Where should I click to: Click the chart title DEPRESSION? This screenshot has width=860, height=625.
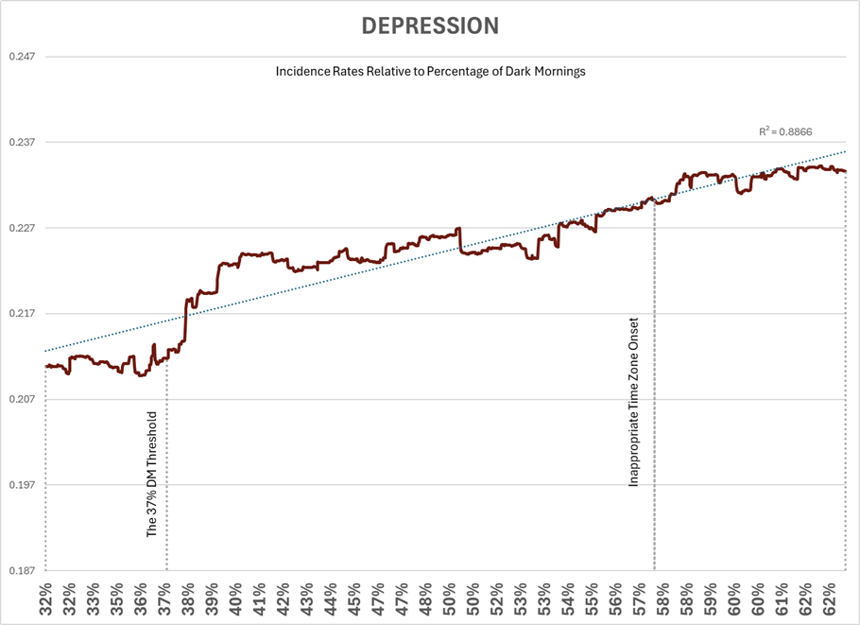[430, 26]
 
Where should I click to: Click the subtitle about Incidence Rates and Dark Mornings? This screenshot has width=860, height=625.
[430, 72]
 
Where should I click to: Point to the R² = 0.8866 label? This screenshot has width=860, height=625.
[785, 132]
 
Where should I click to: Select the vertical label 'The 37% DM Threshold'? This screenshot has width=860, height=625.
[152, 474]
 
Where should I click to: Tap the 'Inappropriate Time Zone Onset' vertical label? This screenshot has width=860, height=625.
[634, 402]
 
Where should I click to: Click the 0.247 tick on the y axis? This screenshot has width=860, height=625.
[22, 57]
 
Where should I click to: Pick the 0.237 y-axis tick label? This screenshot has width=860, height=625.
[22, 143]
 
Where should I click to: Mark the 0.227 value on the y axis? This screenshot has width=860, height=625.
[22, 228]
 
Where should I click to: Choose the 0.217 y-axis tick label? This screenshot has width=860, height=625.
[22, 314]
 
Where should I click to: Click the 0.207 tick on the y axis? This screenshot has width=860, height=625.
[22, 399]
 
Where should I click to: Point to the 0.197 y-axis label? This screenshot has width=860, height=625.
[22, 485]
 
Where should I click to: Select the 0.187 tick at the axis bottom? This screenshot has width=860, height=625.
[22, 570]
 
